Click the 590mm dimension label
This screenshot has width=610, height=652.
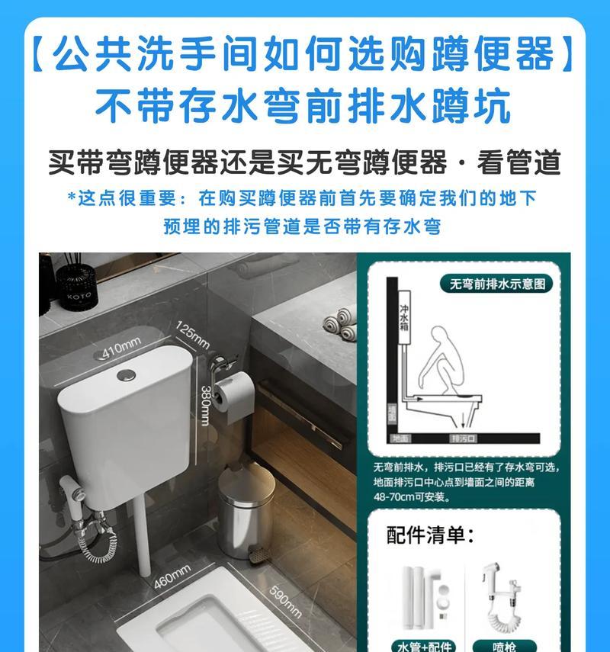[286, 602]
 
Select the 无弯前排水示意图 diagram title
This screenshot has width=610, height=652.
[496, 284]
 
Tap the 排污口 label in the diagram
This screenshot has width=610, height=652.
[463, 438]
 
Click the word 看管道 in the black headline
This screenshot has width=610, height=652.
[518, 162]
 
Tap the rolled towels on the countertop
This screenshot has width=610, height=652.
[339, 326]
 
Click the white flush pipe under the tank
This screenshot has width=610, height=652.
[140, 534]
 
